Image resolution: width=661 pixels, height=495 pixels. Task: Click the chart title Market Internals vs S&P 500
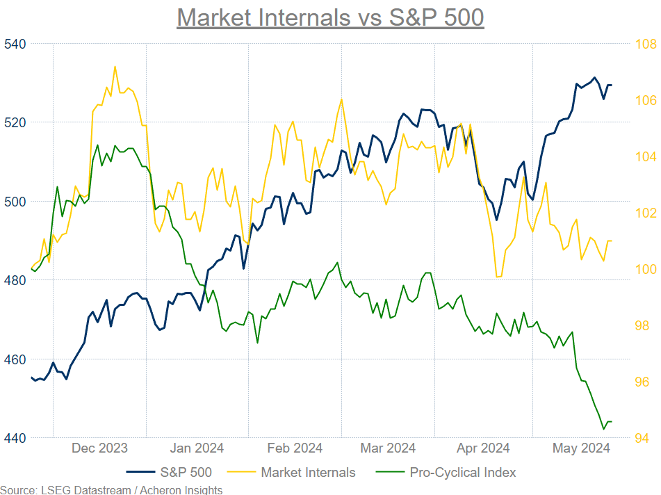click(x=330, y=17)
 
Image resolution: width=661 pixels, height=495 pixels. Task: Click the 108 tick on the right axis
click(x=644, y=44)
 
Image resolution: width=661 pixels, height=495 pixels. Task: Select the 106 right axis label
click(x=644, y=100)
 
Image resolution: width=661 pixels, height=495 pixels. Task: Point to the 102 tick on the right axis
click(x=644, y=213)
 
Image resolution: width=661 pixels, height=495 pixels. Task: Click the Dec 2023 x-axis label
click(x=99, y=448)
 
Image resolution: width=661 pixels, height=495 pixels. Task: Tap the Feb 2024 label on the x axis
click(x=294, y=448)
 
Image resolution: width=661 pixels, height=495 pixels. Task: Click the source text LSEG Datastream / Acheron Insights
click(x=111, y=490)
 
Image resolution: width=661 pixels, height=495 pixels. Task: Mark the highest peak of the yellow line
click(x=115, y=67)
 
